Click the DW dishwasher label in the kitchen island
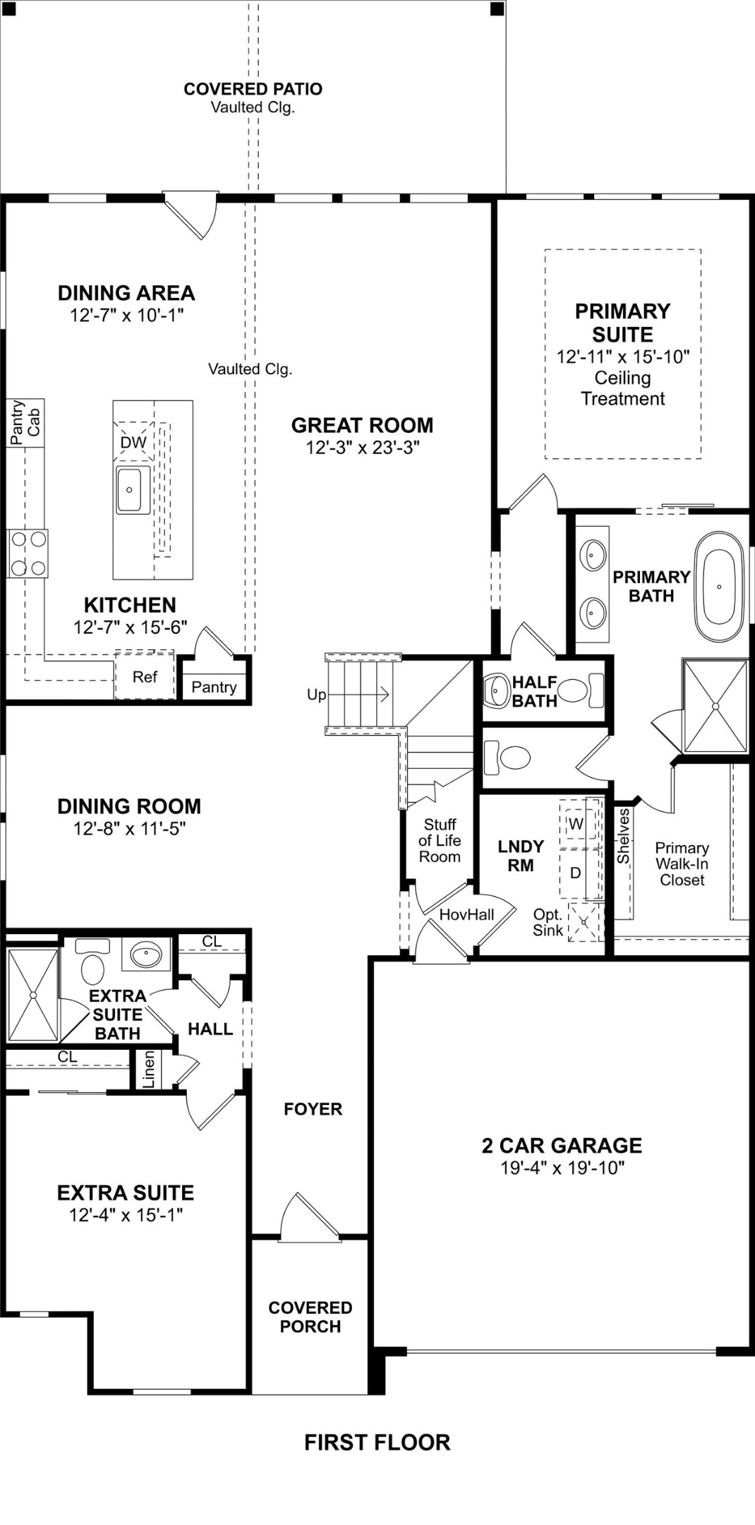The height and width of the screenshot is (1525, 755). pos(133,443)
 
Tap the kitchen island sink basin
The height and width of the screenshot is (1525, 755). pos(133,490)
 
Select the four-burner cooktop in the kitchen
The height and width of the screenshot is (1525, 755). pos(28,554)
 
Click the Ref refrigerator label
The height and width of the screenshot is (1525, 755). pos(145,677)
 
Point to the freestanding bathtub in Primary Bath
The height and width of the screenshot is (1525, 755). pos(719,586)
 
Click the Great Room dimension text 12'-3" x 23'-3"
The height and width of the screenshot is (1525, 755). pos(362,448)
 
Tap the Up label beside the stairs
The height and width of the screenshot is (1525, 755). pos(316,695)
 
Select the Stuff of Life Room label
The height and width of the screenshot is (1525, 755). pos(440,840)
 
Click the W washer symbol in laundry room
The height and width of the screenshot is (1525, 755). pos(576,824)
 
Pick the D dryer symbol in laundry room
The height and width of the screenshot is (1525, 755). pos(575,873)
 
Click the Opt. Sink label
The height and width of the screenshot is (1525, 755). pos(548,922)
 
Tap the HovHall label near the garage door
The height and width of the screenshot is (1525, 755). pos(466,915)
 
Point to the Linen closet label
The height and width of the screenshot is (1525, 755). pos(148,1070)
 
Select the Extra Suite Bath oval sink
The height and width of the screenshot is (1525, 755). pos(146,955)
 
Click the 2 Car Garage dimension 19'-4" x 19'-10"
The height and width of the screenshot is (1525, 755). pos(562,1168)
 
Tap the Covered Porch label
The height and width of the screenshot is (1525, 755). pos(310,1317)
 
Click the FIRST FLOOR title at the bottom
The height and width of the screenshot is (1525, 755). pos(377,1442)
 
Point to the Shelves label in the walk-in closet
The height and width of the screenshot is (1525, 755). pos(623,837)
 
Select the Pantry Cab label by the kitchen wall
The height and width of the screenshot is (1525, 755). pos(25,422)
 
